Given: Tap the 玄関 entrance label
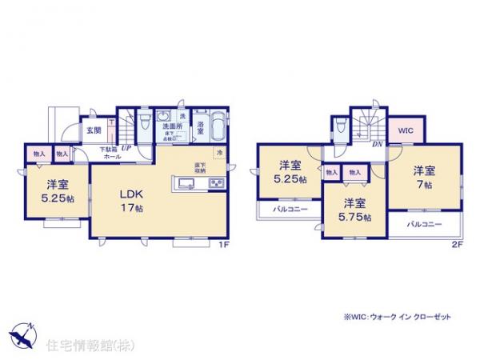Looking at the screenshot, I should pos(94,131).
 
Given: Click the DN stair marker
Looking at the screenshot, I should pos(375,145).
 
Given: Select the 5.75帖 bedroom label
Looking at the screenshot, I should pos(355,210).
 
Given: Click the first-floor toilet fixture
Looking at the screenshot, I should pos(144,123).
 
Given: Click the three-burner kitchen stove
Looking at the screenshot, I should pos(217,186).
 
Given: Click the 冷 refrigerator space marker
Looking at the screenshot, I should pos(218,153).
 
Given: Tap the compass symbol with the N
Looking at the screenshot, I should pos(24,333).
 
